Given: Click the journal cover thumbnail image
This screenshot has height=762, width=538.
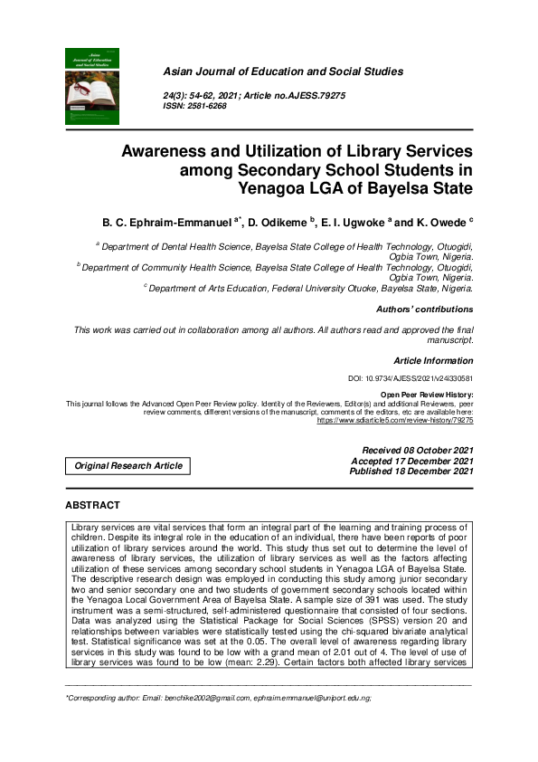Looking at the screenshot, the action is click(92, 86).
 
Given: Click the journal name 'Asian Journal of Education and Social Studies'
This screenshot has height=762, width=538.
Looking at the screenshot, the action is click(282, 71).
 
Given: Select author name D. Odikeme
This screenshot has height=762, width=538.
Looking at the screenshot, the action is click(276, 221).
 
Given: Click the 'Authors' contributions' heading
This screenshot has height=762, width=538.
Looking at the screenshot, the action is click(424, 310).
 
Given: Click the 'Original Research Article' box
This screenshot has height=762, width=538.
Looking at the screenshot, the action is click(128, 466).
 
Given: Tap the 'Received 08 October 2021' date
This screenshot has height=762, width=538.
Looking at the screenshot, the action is click(417, 450).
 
